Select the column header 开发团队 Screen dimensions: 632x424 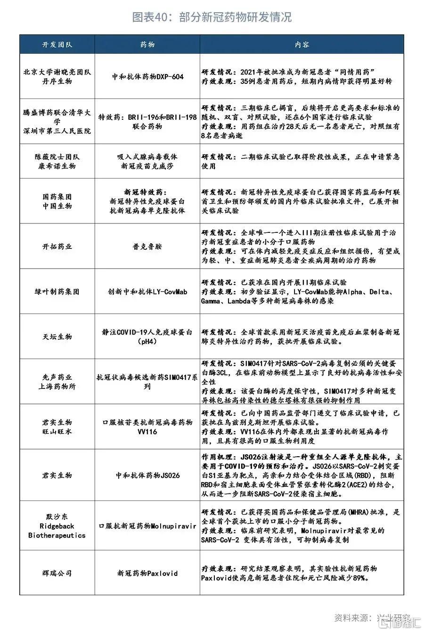click(57, 45)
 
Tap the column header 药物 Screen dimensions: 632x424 click(147, 45)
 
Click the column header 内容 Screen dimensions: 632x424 click(302, 45)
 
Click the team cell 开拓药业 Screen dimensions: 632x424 click(57, 246)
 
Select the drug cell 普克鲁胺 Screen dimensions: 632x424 click(147, 246)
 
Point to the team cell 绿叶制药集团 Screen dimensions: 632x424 click(57, 292)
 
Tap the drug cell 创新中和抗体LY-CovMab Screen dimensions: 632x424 click(147, 292)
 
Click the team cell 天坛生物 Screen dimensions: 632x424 click(57, 337)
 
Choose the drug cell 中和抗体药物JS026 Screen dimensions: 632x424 click(147, 476)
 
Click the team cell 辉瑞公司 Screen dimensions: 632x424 click(57, 573)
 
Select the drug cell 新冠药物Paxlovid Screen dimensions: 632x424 click(147, 573)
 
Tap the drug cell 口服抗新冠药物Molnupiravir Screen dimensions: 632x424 click(147, 526)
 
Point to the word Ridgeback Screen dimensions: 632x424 click(57, 526)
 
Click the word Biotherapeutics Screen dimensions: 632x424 click(57, 535)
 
